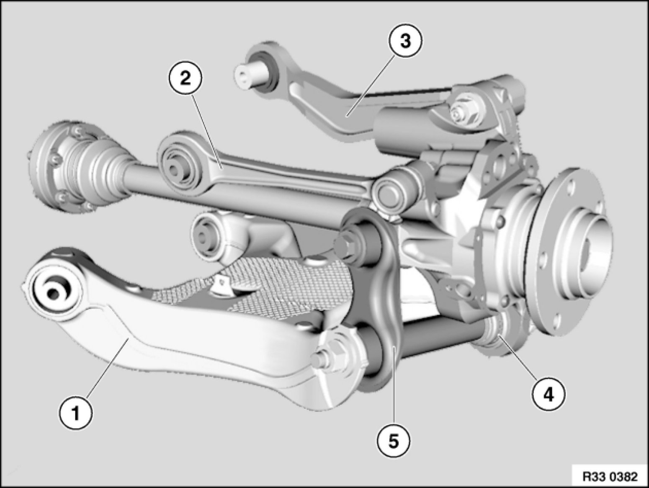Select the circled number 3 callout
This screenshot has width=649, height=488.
click(405, 41)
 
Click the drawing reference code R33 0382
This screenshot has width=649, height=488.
click(610, 476)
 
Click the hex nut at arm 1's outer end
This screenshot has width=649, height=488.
click(331, 354)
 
